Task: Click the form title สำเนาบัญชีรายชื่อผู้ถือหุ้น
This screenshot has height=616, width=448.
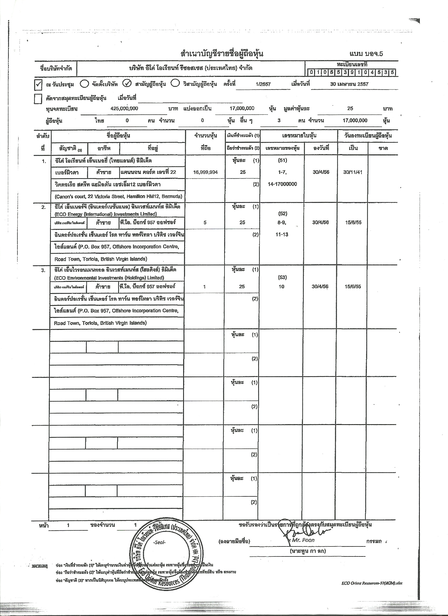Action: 222,54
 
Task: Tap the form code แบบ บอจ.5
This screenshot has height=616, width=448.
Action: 366,54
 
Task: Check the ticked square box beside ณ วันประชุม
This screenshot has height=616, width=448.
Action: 38,85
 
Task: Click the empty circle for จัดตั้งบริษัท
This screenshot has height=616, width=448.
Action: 84,84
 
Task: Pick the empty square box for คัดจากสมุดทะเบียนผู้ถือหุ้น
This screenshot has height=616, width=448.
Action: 38,99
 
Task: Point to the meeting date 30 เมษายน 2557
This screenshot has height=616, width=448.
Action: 349,84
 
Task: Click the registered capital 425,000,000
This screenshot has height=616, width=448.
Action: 124,108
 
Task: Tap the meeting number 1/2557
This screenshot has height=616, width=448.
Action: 263,84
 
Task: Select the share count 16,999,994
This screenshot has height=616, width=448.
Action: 205,172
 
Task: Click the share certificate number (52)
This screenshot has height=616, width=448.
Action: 283,213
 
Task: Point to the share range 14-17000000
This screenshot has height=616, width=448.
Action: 282,184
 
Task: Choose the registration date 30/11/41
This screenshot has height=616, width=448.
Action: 353,172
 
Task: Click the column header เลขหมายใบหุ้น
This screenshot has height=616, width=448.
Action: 299,135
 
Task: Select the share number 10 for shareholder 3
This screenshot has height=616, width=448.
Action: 281,286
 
